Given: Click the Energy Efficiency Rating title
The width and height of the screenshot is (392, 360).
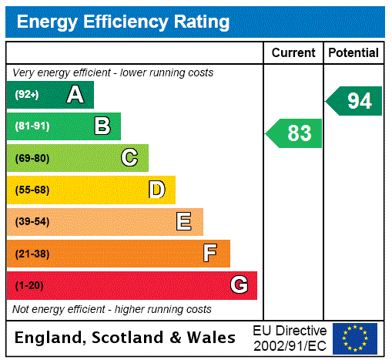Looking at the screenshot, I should point(123,22).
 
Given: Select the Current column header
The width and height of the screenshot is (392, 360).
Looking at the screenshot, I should point(293,53).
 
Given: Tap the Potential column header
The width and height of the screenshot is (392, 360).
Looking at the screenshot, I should point(353,53).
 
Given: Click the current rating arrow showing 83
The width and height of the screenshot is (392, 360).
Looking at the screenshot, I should point(295,133).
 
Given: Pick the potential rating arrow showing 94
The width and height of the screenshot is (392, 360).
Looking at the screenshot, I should point(354,101).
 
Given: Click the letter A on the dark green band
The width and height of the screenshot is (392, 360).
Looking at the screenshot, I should point(75,95).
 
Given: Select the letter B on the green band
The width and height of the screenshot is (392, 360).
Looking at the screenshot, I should point(102,126).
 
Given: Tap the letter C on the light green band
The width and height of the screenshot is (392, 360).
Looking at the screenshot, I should point(129,158).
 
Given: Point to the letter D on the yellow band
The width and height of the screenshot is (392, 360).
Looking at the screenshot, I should point(156,190).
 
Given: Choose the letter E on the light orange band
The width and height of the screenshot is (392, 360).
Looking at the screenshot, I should point(184,222).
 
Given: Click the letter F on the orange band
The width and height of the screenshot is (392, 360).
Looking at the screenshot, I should point(210,253).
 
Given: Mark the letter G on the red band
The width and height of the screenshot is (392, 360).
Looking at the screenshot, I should point(239,285).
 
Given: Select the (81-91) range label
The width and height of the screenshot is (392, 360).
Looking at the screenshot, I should point(32,126).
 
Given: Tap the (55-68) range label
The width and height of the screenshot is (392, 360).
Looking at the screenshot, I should point(32,190).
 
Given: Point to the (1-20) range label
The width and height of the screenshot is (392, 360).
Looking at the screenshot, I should point(29,285).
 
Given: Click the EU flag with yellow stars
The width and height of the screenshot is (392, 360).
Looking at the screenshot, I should point(355,338).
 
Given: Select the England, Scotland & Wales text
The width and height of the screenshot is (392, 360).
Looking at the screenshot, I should point(126,338).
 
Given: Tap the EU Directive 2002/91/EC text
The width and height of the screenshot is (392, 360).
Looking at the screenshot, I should point(290,338).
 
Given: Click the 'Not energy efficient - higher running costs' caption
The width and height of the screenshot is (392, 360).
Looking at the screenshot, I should point(112,309).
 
